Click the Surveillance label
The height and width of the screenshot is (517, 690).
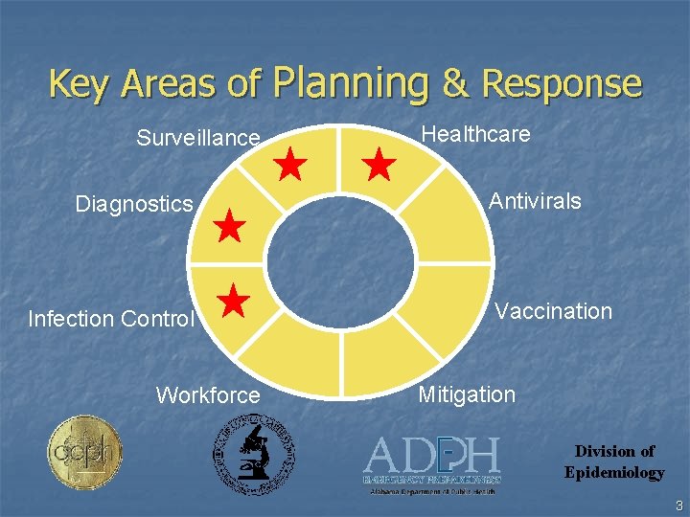click(x=197, y=138)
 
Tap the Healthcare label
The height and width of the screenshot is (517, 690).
click(x=475, y=134)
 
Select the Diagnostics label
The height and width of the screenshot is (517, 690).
click(x=134, y=204)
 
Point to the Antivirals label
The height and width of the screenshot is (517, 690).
click(x=535, y=201)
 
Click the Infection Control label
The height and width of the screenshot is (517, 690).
click(x=111, y=319)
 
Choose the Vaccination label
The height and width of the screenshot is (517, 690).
click(x=553, y=311)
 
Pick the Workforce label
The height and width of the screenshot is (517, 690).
click(x=208, y=395)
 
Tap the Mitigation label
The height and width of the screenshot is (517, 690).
click(x=467, y=394)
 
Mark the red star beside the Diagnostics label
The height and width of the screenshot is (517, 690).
click(x=230, y=227)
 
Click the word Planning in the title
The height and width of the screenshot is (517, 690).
click(x=352, y=83)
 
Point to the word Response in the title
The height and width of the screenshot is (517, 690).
click(x=561, y=83)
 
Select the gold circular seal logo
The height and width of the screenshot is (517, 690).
click(x=84, y=452)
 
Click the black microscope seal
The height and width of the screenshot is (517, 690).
click(x=253, y=454)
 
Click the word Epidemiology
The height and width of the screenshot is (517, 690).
click(x=613, y=472)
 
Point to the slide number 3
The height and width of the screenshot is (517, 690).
click(x=678, y=506)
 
